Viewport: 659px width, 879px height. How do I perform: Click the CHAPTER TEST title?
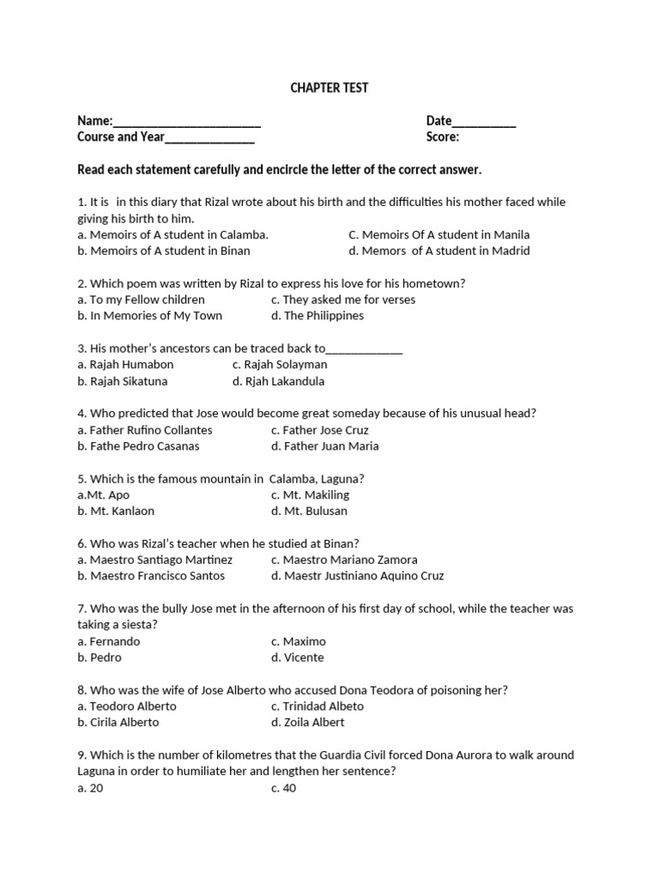click(329, 88)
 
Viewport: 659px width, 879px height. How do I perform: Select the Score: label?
click(443, 137)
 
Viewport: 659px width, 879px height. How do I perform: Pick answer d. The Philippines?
click(317, 316)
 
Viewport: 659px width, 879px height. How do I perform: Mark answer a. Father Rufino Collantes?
click(145, 430)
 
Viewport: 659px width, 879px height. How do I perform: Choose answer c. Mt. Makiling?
click(310, 495)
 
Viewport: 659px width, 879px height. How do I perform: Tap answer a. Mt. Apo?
click(104, 495)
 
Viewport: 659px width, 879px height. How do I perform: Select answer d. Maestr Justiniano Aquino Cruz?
click(357, 576)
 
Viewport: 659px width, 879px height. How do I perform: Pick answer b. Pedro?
click(100, 658)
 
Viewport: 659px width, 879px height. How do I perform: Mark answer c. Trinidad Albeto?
click(317, 706)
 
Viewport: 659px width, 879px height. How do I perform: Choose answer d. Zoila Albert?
click(308, 723)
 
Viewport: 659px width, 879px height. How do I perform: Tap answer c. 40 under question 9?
click(284, 788)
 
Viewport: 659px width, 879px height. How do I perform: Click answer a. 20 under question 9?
click(90, 788)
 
